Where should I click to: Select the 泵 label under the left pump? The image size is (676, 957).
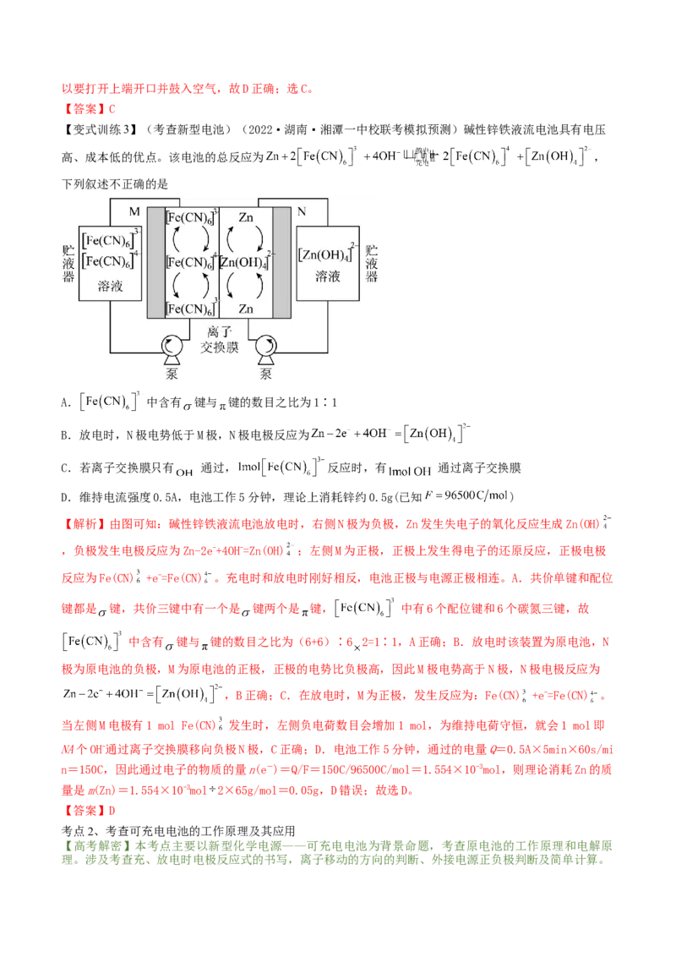[x=173, y=373]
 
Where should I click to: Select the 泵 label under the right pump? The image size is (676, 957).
[x=265, y=373]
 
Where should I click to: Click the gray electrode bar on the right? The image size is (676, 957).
[x=281, y=262]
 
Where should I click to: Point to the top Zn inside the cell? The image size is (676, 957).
[x=246, y=216]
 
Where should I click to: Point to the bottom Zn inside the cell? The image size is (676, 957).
[x=246, y=309]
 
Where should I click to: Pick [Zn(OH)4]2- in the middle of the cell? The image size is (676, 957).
[x=246, y=262]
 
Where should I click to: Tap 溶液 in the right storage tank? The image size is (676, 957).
[x=328, y=276]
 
